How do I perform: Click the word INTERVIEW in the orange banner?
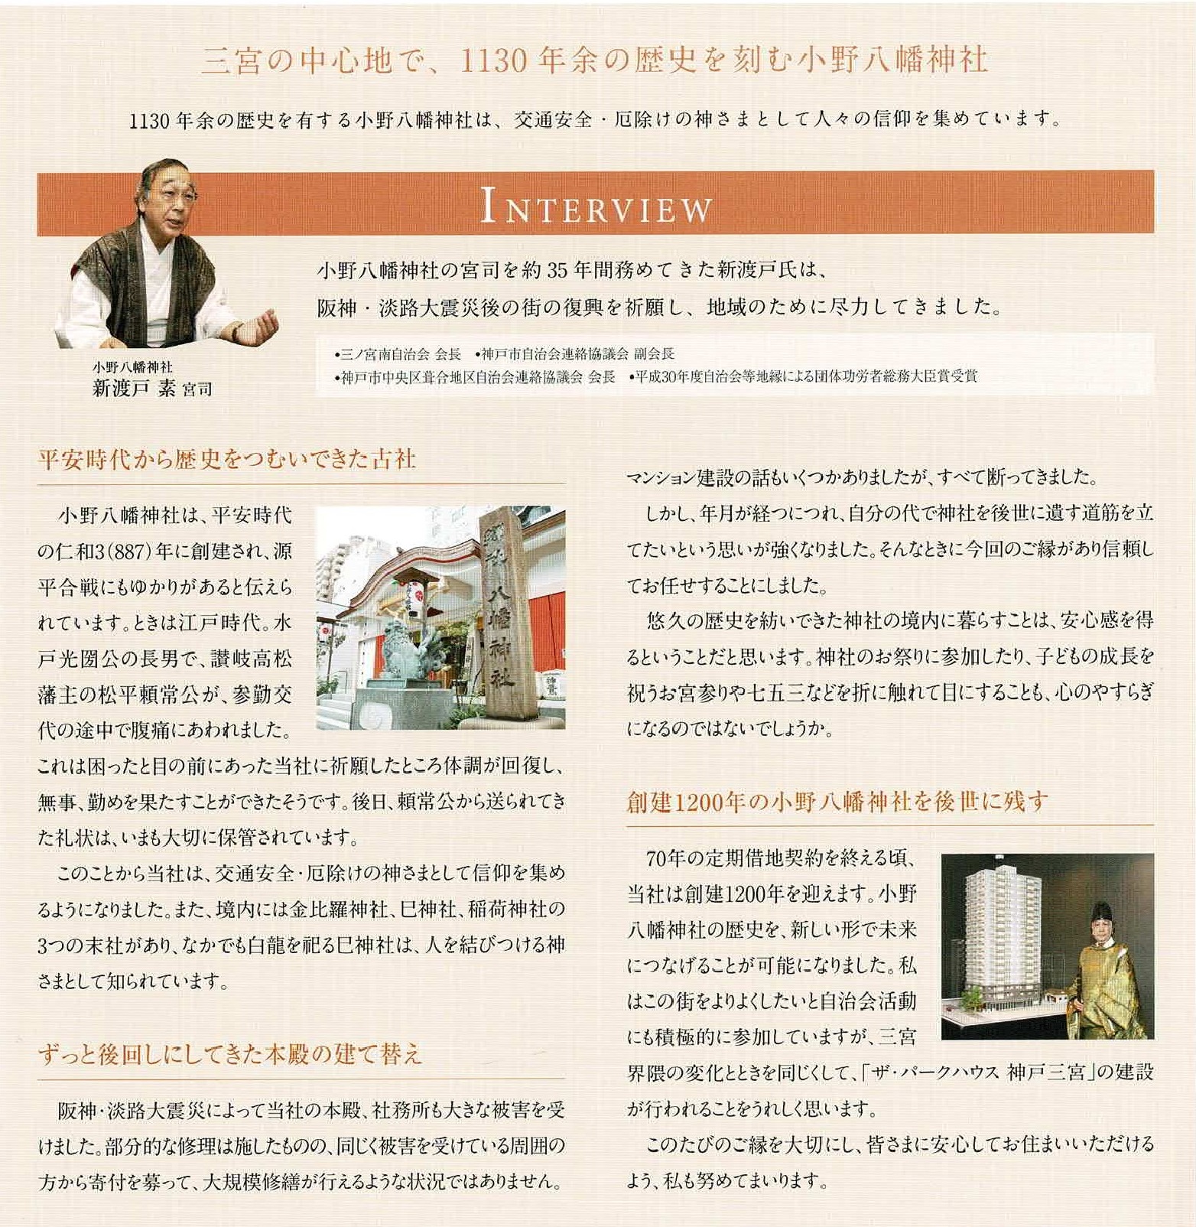[x=596, y=207]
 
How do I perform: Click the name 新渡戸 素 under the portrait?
[x=135, y=389]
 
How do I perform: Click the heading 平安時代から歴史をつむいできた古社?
[x=227, y=459]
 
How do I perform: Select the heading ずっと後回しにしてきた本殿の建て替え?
[x=230, y=1055]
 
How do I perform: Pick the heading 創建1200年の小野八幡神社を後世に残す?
[x=837, y=801]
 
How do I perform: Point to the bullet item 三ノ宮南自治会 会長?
[x=398, y=354]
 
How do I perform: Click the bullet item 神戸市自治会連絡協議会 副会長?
[x=574, y=354]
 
